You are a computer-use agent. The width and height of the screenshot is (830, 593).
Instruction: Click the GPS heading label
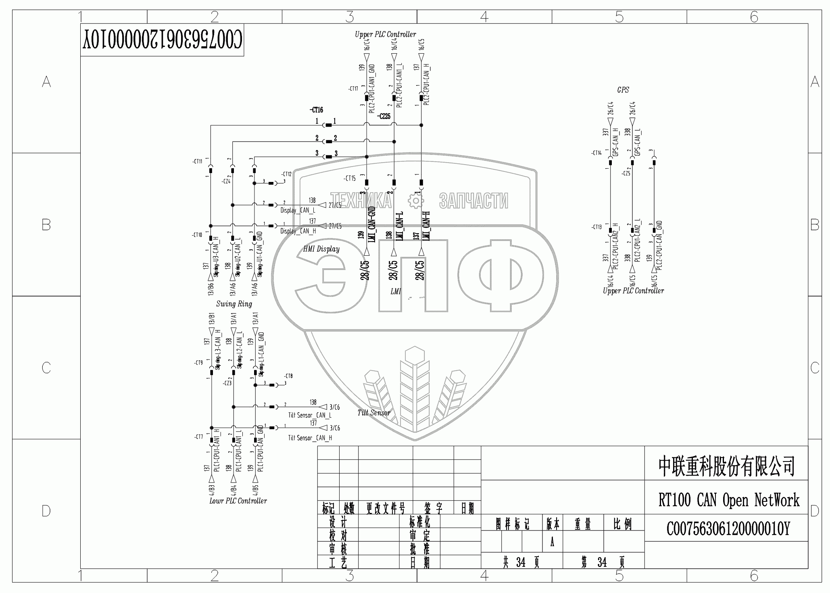pos(623,90)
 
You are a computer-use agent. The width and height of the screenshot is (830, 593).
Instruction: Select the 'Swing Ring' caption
pos(234,304)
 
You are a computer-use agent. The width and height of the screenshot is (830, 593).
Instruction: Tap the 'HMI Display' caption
pos(321,249)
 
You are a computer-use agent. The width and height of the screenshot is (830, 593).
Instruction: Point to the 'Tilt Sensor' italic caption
pos(374,413)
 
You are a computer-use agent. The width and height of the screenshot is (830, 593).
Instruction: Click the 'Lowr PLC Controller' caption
pos(238,501)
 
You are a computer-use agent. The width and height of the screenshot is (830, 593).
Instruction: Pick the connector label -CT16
pos(316,110)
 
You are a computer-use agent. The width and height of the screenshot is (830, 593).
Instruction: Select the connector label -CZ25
pos(384,117)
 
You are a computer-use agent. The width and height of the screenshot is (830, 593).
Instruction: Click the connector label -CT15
pos(350,178)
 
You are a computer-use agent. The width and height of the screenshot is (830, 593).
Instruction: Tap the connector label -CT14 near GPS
pos(596,153)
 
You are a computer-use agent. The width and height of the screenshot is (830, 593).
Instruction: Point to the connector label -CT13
pos(596,227)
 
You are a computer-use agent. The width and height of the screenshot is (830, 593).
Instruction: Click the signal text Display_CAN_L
pos(298,211)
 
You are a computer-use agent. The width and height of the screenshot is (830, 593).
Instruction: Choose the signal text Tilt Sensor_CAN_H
pos(310,438)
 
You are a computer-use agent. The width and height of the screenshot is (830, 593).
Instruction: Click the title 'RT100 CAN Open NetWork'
pos(728,500)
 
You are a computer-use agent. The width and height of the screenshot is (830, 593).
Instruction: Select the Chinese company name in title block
pos(726,466)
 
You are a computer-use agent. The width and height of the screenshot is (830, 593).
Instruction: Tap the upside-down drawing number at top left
pos(162,40)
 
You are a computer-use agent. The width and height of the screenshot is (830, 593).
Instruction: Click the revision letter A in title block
pos(552,543)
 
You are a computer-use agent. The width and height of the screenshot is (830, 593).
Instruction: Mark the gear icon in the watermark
pos(415,200)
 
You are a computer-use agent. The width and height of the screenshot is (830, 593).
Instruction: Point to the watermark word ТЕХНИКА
pos(361,200)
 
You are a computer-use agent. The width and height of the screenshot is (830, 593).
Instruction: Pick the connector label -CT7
pos(198,437)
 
